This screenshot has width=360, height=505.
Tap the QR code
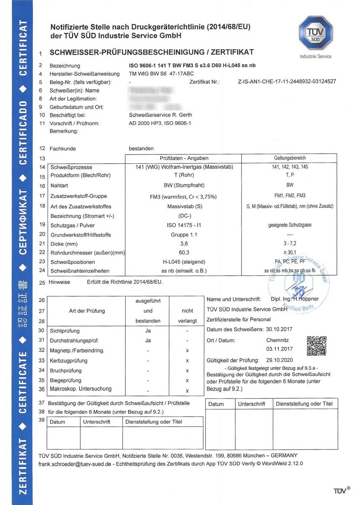pos(317,346)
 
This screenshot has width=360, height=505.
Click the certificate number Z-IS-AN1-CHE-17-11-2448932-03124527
pos(287,81)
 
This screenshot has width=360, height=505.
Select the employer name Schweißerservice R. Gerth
pos(160,115)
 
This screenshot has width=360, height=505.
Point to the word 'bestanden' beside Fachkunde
pos(141,149)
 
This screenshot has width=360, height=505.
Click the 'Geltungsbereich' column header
pos(289,158)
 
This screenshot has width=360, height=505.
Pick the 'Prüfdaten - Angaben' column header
pos(184,158)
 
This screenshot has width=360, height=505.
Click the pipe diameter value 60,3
pos(183,252)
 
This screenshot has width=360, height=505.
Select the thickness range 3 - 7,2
pos(289,243)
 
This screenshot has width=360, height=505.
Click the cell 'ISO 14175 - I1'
pos(183,225)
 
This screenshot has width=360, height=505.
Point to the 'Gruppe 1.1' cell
pos(183,234)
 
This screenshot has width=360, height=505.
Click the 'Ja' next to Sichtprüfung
pos(148,331)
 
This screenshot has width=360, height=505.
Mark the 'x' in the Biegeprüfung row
pos(187,380)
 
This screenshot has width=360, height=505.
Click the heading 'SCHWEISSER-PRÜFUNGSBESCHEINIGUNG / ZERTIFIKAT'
pos(151,53)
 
